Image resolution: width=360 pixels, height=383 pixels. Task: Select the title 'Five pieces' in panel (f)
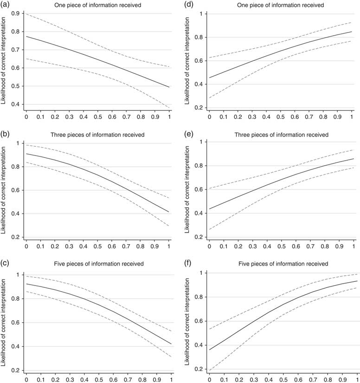(x=281, y=264)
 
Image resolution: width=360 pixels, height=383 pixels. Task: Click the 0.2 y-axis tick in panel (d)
(x=198, y=108)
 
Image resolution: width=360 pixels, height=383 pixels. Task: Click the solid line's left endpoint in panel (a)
(x=26, y=36)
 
